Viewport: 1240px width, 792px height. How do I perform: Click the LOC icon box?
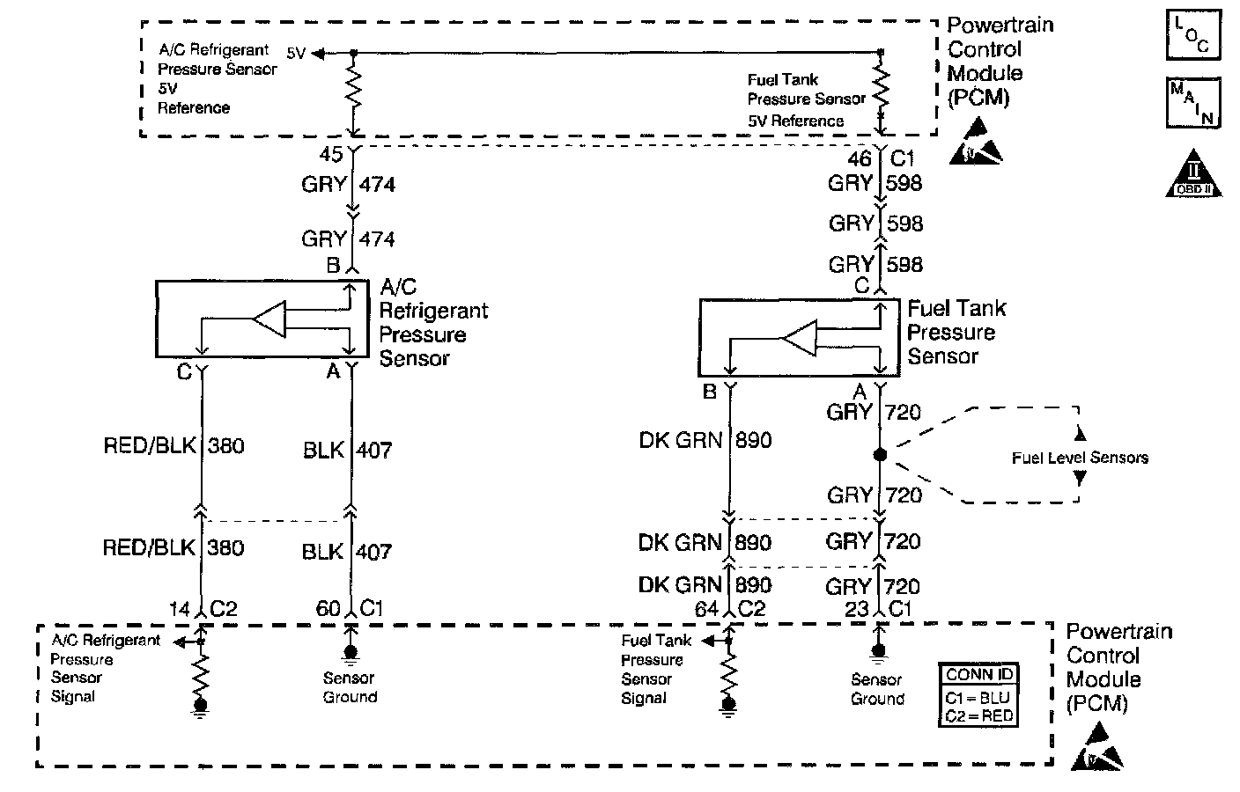(1193, 34)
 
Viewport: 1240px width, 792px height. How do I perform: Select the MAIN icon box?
(1193, 103)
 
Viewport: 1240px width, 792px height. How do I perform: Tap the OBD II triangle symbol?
(1193, 173)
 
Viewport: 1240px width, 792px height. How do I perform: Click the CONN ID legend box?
(978, 694)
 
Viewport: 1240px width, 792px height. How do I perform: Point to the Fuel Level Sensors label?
(1080, 458)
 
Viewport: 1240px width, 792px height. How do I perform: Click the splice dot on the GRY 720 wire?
(880, 455)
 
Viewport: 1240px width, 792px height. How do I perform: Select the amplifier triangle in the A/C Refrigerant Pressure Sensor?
(269, 319)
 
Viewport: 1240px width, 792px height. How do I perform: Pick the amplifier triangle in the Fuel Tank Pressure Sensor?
(800, 338)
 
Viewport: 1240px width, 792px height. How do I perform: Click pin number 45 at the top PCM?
(331, 154)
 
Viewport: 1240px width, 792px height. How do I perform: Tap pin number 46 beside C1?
(860, 159)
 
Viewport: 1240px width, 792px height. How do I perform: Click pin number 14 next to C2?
(180, 609)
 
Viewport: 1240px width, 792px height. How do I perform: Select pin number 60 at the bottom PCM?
(328, 609)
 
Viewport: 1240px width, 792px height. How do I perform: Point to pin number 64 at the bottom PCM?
(707, 610)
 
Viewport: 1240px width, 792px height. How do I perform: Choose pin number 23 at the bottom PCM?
(857, 610)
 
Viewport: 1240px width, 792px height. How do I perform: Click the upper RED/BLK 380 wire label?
(173, 446)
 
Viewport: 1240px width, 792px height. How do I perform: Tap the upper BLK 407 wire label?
(348, 451)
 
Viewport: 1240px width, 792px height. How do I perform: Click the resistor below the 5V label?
(354, 88)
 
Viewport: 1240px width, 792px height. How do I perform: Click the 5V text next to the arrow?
(296, 53)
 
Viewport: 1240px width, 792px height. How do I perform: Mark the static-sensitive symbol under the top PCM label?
(976, 142)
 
